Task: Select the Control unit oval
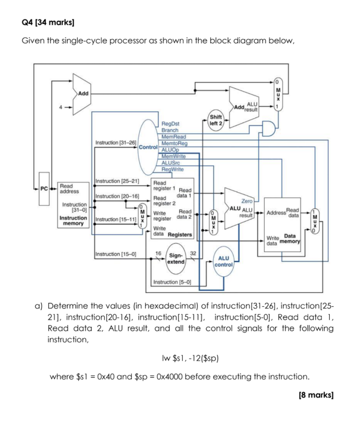[148, 147]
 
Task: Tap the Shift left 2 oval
[216, 120]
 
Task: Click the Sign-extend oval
[174, 259]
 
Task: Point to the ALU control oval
[224, 261]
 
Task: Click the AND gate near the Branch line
[268, 128]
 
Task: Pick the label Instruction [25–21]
[117, 181]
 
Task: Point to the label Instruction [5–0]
[173, 282]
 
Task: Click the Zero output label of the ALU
[247, 200]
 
